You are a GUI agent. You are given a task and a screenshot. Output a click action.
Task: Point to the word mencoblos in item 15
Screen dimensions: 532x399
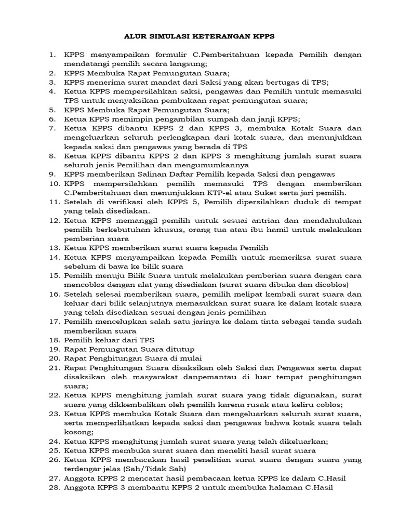[x=85, y=284]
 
